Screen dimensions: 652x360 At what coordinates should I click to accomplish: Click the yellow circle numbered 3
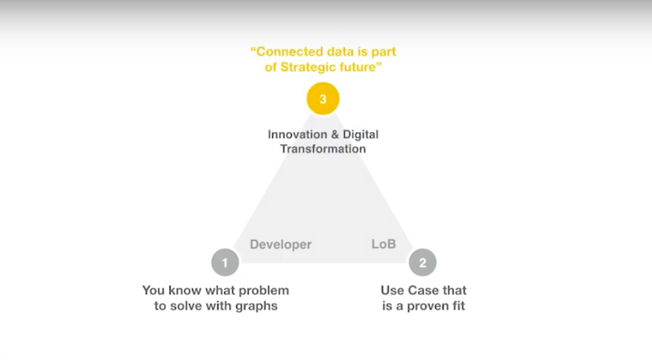[323, 99]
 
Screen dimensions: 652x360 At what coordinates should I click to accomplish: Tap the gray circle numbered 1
[225, 262]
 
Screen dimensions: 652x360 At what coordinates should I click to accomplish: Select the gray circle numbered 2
[422, 262]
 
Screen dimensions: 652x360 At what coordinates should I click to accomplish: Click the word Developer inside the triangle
[280, 244]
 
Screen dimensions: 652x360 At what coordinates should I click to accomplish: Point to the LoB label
[383, 244]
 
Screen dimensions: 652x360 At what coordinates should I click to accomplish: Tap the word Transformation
[323, 149]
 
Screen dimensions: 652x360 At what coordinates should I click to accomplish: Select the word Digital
[360, 134]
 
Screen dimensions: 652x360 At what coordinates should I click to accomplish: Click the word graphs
[257, 306]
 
